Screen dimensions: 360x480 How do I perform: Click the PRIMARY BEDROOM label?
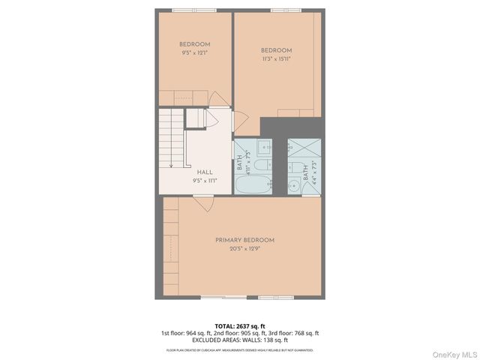coord(244,240)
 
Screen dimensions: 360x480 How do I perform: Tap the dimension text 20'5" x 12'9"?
coord(244,249)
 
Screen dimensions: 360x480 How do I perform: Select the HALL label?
coord(205,172)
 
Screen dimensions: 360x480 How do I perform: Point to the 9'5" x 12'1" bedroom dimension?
coord(194,52)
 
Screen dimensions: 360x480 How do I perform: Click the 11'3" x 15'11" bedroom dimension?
coord(277,58)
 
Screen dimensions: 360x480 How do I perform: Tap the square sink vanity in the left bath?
coord(265,146)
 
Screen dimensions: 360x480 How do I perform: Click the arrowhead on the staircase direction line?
coord(171,164)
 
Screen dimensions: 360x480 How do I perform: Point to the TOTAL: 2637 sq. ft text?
coord(240,326)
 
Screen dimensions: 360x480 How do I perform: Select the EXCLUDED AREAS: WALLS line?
coord(240,340)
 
